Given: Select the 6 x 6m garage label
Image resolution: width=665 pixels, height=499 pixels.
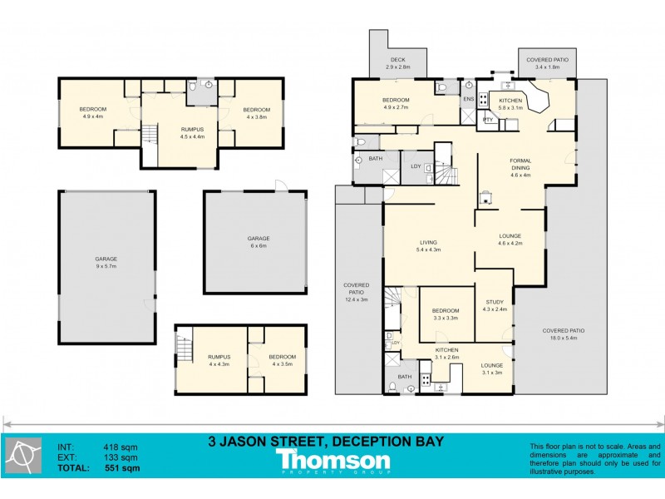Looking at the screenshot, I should click(258, 242).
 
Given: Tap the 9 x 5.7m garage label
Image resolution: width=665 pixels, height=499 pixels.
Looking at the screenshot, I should click(106, 262).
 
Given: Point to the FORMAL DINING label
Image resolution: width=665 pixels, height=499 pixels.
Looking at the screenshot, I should click(520, 167).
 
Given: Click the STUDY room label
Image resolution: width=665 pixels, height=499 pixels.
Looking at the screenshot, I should click(494, 306).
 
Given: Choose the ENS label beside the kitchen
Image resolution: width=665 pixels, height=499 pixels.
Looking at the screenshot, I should click(468, 99).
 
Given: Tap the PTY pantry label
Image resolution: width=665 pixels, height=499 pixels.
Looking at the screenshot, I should click(489, 119).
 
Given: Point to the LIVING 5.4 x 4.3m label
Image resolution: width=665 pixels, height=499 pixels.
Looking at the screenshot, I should click(428, 245).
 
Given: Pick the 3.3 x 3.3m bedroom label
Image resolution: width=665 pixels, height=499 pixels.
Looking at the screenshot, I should click(446, 314).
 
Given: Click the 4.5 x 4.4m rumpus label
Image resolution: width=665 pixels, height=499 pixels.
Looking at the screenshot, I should click(192, 132).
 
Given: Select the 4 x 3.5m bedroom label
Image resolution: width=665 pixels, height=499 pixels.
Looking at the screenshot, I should click(282, 360).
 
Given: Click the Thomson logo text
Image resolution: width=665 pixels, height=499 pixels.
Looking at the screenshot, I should click(332, 460).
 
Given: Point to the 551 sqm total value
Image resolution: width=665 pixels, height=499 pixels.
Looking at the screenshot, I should click(121, 469).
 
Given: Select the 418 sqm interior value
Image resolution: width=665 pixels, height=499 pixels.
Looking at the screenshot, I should click(121, 447).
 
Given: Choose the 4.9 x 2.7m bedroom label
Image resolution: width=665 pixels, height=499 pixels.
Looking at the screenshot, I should click(397, 104).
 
